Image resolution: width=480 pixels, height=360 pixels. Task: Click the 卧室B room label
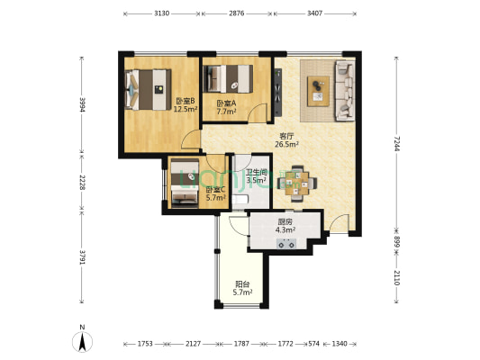coord(186,101)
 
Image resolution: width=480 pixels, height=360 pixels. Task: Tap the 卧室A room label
coord(226,103)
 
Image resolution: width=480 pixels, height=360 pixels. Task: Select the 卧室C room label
coord(216,190)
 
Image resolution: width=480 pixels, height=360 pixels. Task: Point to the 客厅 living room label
coord(286,136)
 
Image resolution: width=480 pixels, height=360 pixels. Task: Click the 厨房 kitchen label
coord(285,221)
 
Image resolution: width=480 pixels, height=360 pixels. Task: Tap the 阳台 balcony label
coord(242,284)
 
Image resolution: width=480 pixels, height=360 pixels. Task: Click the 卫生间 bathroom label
coord(257,172)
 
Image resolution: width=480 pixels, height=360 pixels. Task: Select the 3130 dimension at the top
coord(161,13)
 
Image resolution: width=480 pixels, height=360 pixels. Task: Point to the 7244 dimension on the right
coord(397,143)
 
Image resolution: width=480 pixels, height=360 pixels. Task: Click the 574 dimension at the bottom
coord(313,344)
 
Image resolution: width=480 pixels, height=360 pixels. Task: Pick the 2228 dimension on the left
coord(82,183)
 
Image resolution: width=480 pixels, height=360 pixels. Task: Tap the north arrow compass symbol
coord(82,341)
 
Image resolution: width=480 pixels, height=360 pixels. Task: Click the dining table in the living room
coord(297,184)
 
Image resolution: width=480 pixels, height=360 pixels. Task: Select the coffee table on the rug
coord(319,91)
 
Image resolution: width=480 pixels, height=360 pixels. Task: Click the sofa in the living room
coord(345,91)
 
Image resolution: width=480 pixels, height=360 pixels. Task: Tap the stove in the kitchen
coord(286,244)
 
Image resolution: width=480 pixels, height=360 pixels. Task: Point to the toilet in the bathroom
coord(240,200)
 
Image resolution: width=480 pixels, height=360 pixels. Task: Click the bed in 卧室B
coord(149,90)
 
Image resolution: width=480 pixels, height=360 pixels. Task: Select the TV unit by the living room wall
coord(278,93)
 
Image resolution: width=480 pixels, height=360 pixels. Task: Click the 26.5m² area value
coord(286,144)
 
